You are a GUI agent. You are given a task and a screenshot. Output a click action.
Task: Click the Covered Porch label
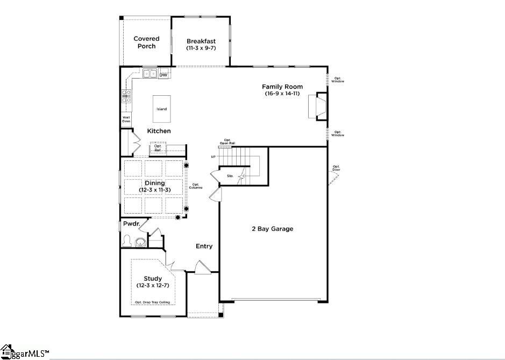tap(146, 43)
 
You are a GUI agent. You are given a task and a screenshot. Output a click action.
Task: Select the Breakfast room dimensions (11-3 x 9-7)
tap(201, 48)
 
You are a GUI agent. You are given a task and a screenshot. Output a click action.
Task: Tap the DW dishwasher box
tap(163, 75)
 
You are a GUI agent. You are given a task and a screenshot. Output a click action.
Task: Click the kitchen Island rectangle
tap(162, 109)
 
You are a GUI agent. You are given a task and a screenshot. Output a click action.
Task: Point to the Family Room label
tap(282, 87)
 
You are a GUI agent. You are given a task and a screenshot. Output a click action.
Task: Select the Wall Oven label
tap(126, 119)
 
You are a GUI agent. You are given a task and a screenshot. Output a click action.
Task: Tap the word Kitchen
tap(159, 131)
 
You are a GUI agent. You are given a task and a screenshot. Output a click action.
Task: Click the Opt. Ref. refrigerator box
tap(158, 148)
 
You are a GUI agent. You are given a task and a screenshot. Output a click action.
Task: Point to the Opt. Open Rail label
tap(227, 142)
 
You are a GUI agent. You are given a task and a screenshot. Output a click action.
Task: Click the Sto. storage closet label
tap(230, 176)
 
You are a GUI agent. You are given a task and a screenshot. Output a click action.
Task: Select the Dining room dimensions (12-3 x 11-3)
tap(154, 190)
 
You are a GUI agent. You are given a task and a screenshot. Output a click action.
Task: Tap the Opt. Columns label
tap(196, 186)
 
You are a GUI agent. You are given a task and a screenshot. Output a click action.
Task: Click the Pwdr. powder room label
tap(131, 223)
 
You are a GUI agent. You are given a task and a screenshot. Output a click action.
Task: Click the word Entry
tap(204, 246)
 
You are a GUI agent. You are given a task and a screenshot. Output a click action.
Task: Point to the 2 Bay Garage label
tap(273, 229)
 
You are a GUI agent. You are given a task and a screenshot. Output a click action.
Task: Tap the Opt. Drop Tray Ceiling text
tap(152, 302)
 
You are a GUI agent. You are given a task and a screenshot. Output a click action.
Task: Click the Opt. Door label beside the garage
tap(336, 168)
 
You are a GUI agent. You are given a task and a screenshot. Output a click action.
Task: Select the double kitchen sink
tap(150, 74)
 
